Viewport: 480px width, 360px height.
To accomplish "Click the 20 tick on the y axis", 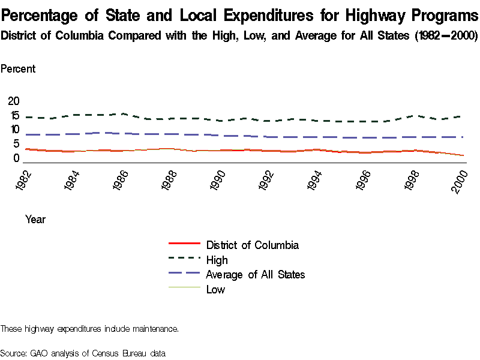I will point(13,101).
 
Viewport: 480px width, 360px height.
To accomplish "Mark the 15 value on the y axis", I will point(13,115).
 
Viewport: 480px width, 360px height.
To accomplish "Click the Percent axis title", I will point(17,68).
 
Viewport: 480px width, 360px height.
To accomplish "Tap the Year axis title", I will point(35,220).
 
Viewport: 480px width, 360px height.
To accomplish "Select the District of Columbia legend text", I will point(252,245).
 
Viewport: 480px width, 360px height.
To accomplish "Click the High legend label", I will point(217,260).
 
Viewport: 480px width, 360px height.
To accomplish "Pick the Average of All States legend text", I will point(255,274).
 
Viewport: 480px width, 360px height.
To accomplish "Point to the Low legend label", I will point(215,289).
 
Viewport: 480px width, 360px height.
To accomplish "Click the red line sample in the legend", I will point(185,244).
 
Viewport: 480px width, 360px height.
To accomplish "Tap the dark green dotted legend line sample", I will point(185,259).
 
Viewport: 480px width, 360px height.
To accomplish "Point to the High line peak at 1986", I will point(122,113).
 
